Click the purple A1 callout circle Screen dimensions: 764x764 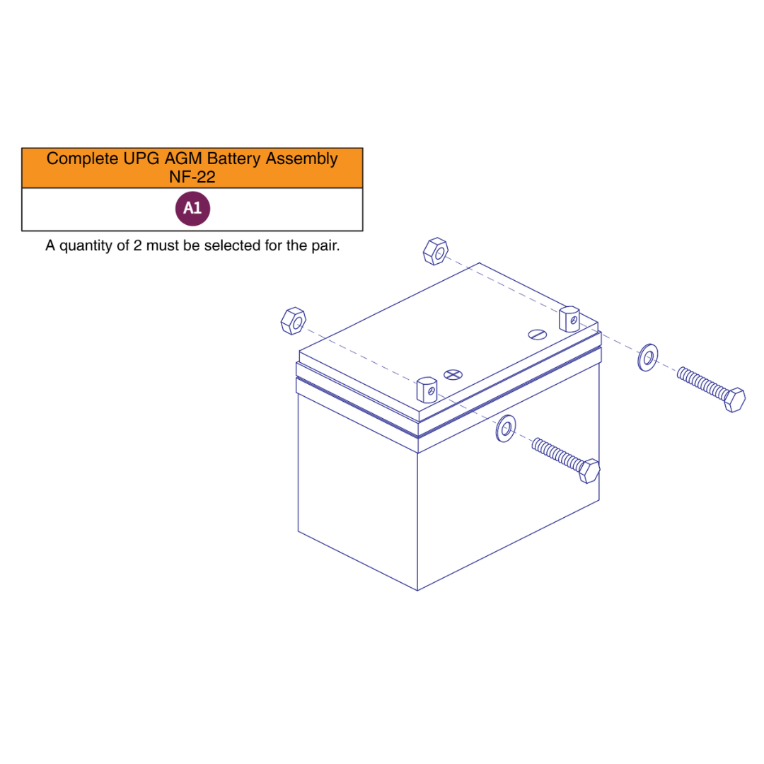pyautogui.click(x=192, y=209)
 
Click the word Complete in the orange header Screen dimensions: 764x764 pyautogui.click(x=82, y=159)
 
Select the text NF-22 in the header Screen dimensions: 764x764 pyautogui.click(x=192, y=177)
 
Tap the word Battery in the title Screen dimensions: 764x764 pyautogui.click(x=233, y=159)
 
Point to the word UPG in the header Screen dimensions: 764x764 pyautogui.click(x=141, y=159)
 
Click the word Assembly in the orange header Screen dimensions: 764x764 pyautogui.click(x=302, y=159)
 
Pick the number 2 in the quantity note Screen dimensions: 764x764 pyautogui.click(x=137, y=245)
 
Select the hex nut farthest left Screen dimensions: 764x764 pyautogui.click(x=294, y=321)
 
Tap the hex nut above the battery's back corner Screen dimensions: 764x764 pyautogui.click(x=436, y=251)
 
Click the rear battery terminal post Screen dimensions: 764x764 pyautogui.click(x=569, y=319)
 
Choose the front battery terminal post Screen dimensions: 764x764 pyautogui.click(x=427, y=390)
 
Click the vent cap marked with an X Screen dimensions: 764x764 pyautogui.click(x=453, y=375)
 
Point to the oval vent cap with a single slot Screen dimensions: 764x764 pyautogui.click(x=537, y=334)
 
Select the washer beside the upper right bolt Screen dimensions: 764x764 pyautogui.click(x=647, y=358)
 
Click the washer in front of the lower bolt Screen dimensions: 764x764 pyautogui.click(x=506, y=429)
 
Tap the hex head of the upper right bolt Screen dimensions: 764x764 pyautogui.click(x=734, y=400)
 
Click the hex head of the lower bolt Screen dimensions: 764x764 pyautogui.click(x=589, y=470)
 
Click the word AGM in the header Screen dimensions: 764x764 pyautogui.click(x=183, y=159)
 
